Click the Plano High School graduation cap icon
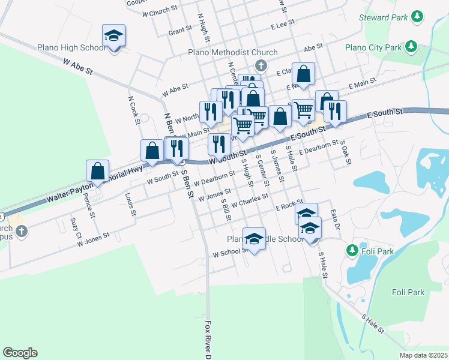113,36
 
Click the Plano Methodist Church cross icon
261,65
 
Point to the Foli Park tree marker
352,250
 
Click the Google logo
20,353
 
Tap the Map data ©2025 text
423,355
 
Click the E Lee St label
283,25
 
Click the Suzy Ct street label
76,227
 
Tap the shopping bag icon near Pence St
97,171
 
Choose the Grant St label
180,29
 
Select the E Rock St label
289,206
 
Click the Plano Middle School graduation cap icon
255,239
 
